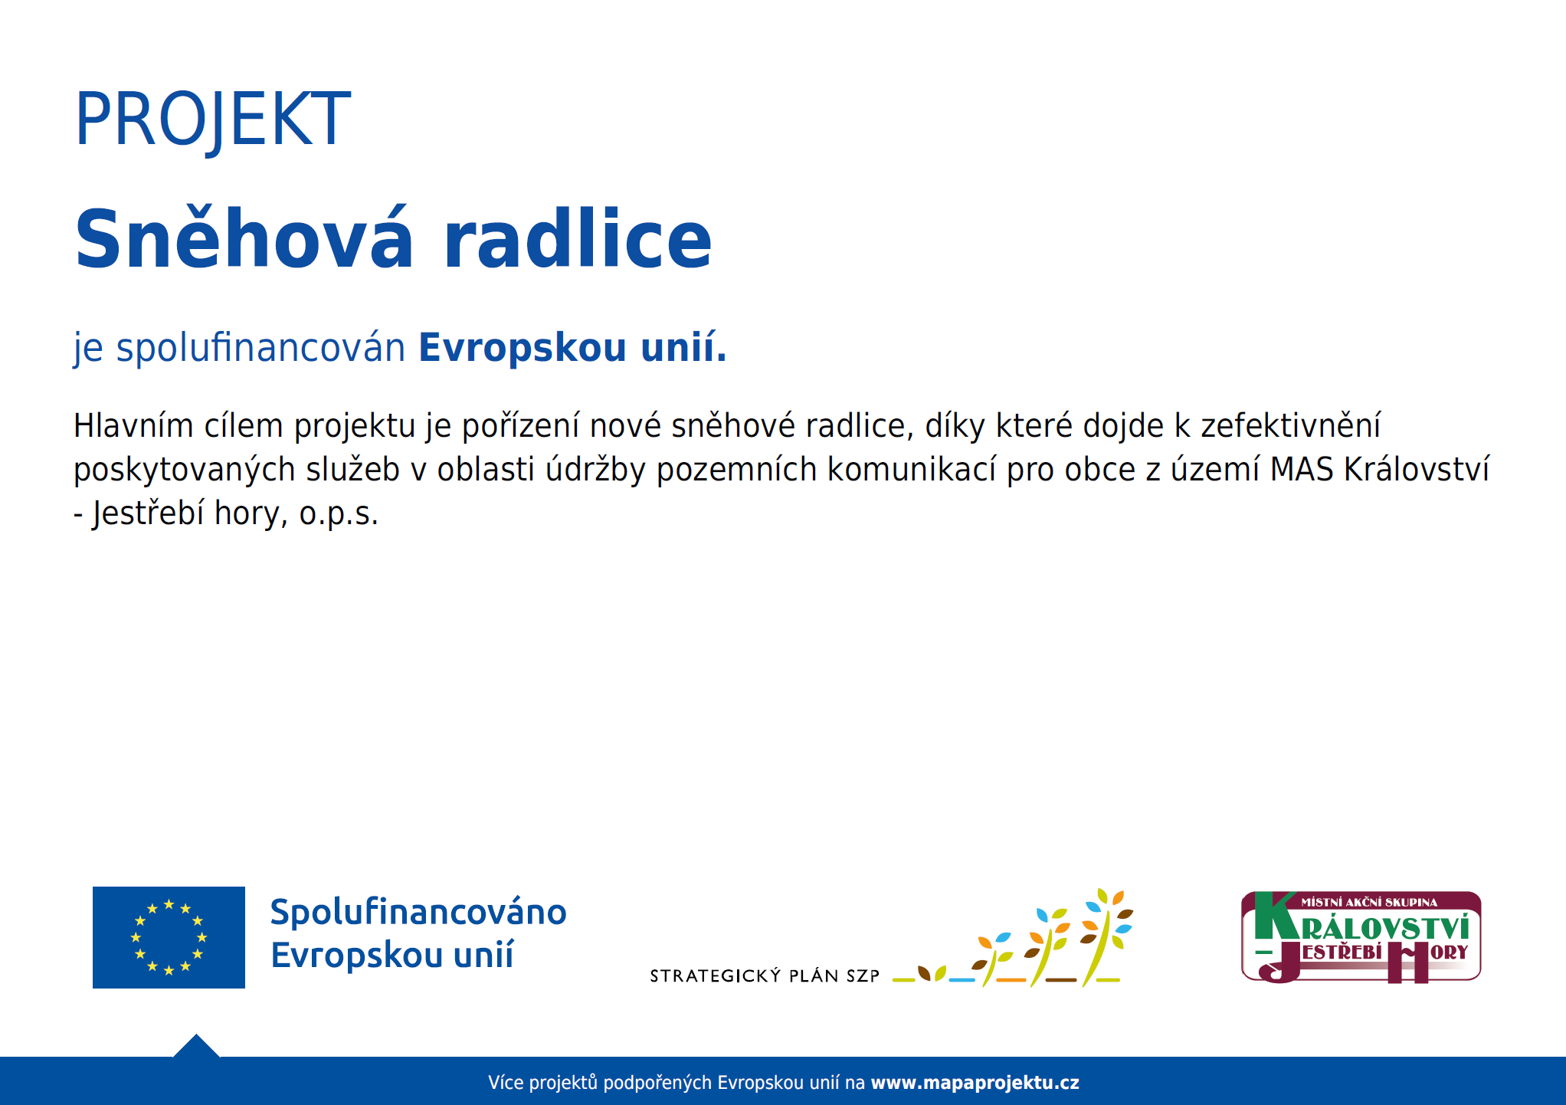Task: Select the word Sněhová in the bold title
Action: click(244, 238)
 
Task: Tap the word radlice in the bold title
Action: click(578, 238)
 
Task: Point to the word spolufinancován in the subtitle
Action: click(260, 348)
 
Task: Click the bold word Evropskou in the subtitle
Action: click(523, 348)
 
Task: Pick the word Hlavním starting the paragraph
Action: click(133, 425)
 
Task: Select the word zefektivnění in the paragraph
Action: click(1290, 425)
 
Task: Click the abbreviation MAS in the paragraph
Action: click(1302, 470)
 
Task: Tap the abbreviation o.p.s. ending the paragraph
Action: click(339, 514)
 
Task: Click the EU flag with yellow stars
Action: click(169, 937)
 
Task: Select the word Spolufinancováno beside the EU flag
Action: click(418, 913)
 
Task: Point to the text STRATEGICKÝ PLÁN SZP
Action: click(765, 975)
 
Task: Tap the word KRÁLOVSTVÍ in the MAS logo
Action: click(1385, 929)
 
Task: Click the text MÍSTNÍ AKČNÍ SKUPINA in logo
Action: click(1369, 903)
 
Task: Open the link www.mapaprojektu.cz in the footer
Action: click(975, 1083)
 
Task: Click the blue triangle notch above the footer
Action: click(196, 1046)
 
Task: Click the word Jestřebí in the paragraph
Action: click(148, 514)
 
